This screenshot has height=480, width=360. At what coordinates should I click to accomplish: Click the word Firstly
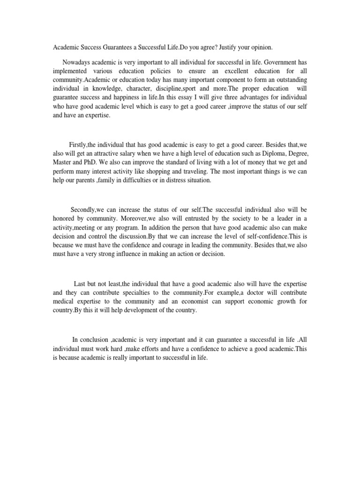(x=79, y=145)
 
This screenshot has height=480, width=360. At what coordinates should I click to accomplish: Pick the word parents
(x=89, y=180)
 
